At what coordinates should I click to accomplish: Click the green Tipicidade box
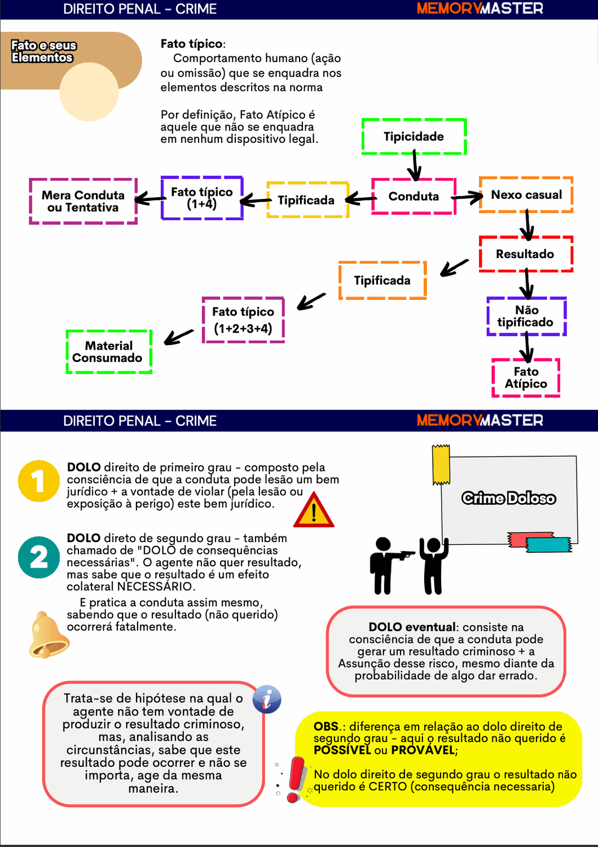[x=414, y=137]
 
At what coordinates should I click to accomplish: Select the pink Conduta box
[x=414, y=197]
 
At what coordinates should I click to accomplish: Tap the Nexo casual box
[x=526, y=195]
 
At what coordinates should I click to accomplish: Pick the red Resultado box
[x=525, y=254]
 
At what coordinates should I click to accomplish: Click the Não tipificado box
[x=526, y=316]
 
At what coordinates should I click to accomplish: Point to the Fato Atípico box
[x=526, y=378]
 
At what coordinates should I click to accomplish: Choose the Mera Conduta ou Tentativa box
[x=83, y=202]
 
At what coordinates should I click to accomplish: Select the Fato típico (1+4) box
[x=202, y=198]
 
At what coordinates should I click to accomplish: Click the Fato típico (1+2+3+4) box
[x=243, y=320]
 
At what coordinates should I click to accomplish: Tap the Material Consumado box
[x=108, y=352]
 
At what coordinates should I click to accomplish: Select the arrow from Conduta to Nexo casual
[x=468, y=197]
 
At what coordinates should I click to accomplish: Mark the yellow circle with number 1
[x=38, y=481]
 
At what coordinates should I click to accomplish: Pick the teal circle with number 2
[x=38, y=557]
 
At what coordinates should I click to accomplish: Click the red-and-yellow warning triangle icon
[x=314, y=511]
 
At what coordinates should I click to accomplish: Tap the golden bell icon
[x=47, y=635]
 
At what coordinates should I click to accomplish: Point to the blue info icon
[x=267, y=700]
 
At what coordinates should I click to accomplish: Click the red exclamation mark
[x=295, y=780]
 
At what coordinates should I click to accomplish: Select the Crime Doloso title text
[x=509, y=498]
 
